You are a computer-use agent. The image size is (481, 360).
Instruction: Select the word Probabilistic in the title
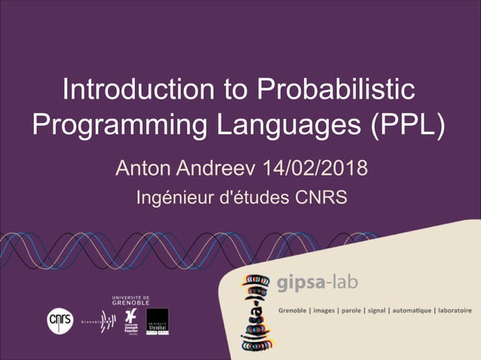click(336, 90)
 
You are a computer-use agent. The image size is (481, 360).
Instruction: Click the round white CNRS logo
click(60, 320)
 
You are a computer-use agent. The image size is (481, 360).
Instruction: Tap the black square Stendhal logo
click(157, 322)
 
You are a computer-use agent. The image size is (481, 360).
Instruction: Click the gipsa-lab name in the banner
click(317, 284)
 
